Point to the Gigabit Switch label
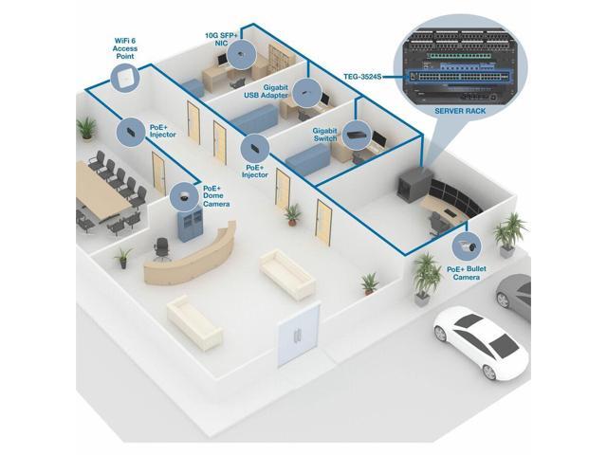click(x=324, y=135)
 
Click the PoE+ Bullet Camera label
click(x=467, y=274)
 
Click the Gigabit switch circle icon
click(x=357, y=134)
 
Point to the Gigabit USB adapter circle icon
click(x=305, y=92)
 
